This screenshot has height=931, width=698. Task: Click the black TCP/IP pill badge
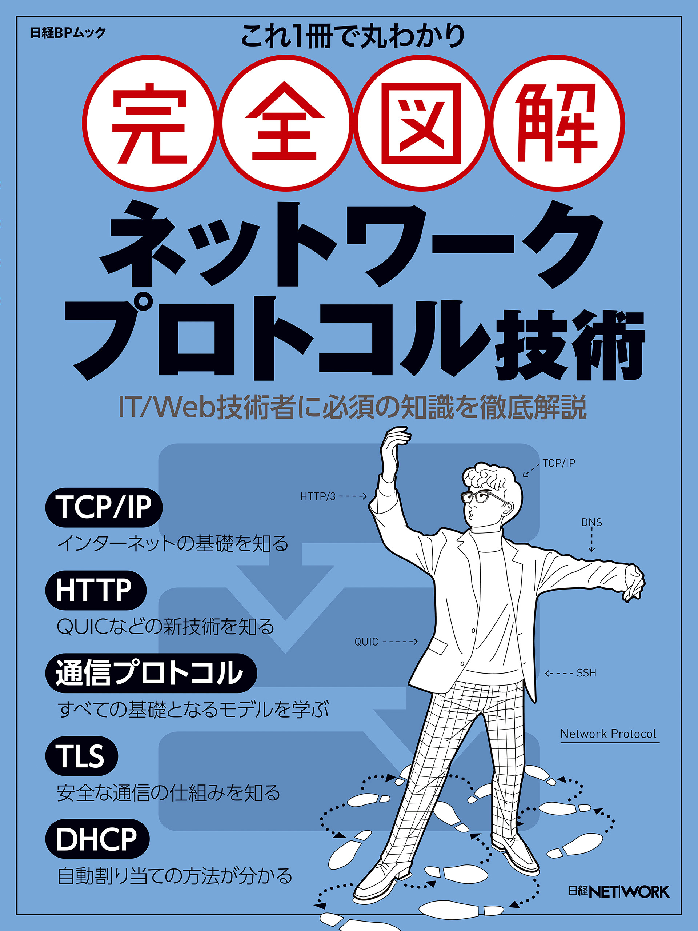[x=104, y=507]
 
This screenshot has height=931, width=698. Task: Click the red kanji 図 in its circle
[x=421, y=123]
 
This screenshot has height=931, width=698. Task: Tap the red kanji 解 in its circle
[x=557, y=123]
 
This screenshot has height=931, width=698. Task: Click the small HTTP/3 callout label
[x=318, y=497]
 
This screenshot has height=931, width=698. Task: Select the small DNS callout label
[x=591, y=522]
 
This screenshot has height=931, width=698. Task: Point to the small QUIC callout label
[x=366, y=642]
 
